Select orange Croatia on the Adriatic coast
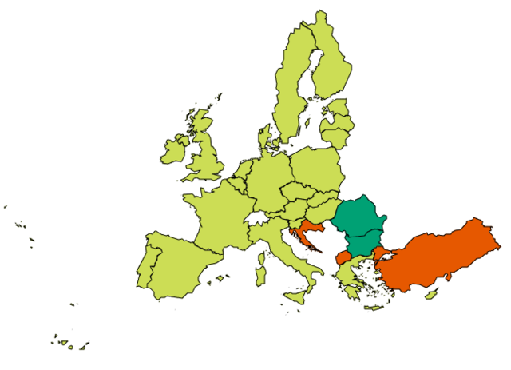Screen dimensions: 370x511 pyautogui.click(x=302, y=233)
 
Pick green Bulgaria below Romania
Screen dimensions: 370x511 pyautogui.click(x=363, y=242)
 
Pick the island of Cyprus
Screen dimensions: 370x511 pyautogui.click(x=431, y=295)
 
